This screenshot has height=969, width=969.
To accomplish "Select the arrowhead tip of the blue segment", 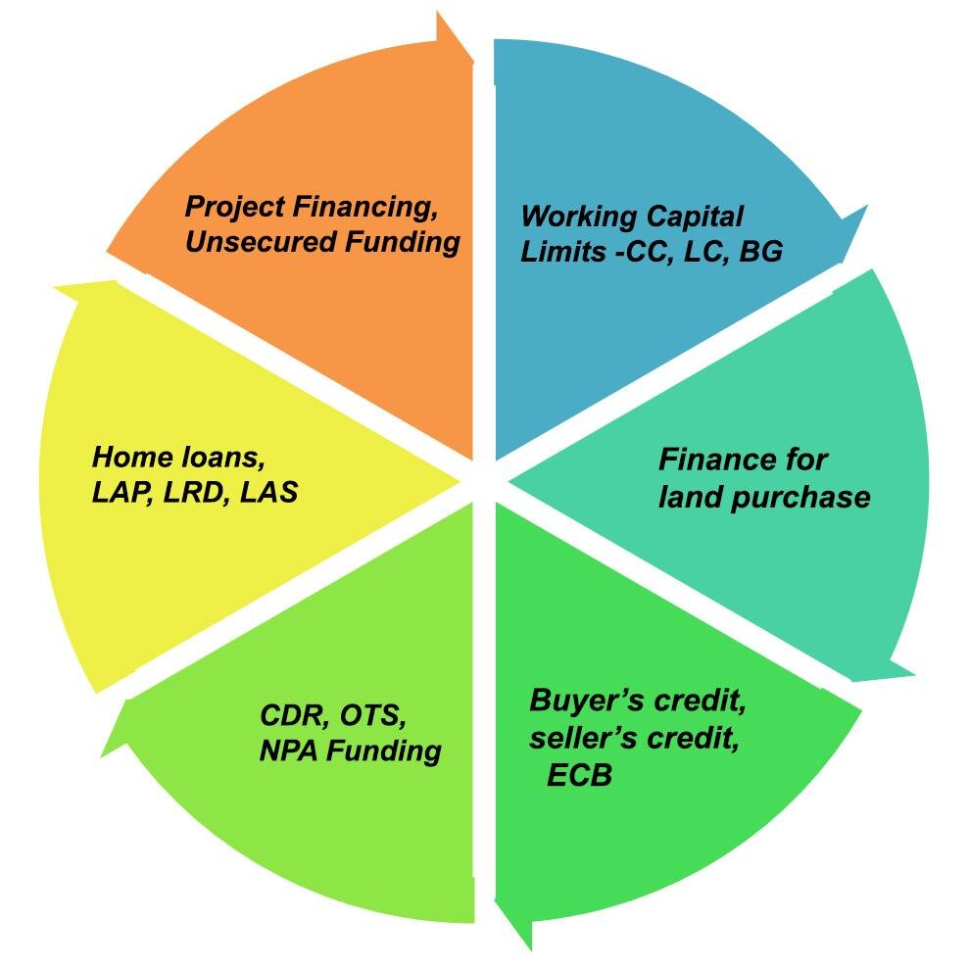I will [x=866, y=209].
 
